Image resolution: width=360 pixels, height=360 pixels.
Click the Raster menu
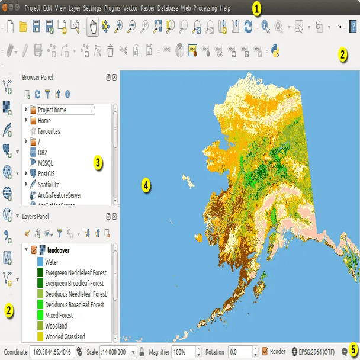click(x=147, y=9)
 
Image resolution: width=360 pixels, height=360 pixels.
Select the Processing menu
click(x=205, y=9)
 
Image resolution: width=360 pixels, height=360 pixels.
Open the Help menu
click(x=225, y=9)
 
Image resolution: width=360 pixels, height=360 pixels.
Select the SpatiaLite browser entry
click(x=49, y=184)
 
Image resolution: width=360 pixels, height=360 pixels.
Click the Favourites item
click(x=49, y=131)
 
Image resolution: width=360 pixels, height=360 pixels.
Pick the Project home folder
click(x=52, y=110)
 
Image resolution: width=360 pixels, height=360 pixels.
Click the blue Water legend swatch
click(x=40, y=262)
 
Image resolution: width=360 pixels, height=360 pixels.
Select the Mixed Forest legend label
click(x=59, y=316)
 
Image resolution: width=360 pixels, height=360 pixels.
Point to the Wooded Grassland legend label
click(x=65, y=337)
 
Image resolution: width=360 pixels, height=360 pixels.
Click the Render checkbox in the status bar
click(x=265, y=351)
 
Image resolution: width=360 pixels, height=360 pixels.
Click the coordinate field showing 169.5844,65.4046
click(x=52, y=352)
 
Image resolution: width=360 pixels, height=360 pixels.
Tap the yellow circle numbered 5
click(x=353, y=350)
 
